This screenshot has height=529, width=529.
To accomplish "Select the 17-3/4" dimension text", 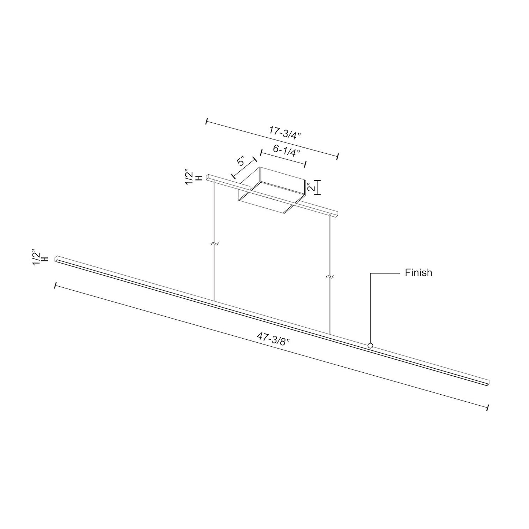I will [x=285, y=132].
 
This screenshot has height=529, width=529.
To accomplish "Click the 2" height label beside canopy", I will [x=312, y=187].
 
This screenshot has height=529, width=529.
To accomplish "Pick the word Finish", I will [x=418, y=273].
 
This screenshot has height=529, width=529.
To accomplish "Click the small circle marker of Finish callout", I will [x=370, y=346].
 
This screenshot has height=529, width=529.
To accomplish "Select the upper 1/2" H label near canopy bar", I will [x=193, y=178].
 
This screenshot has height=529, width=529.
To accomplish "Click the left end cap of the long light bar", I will [x=57, y=259].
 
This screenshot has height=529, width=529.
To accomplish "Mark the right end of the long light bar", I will [x=488, y=381].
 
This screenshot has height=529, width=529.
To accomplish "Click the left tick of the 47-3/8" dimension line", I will [x=55, y=286].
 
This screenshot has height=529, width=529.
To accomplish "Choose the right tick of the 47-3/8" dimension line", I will [x=488, y=407].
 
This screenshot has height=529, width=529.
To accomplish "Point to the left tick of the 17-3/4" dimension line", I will [x=207, y=121].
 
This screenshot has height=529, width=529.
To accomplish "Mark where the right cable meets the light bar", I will [x=330, y=334].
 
